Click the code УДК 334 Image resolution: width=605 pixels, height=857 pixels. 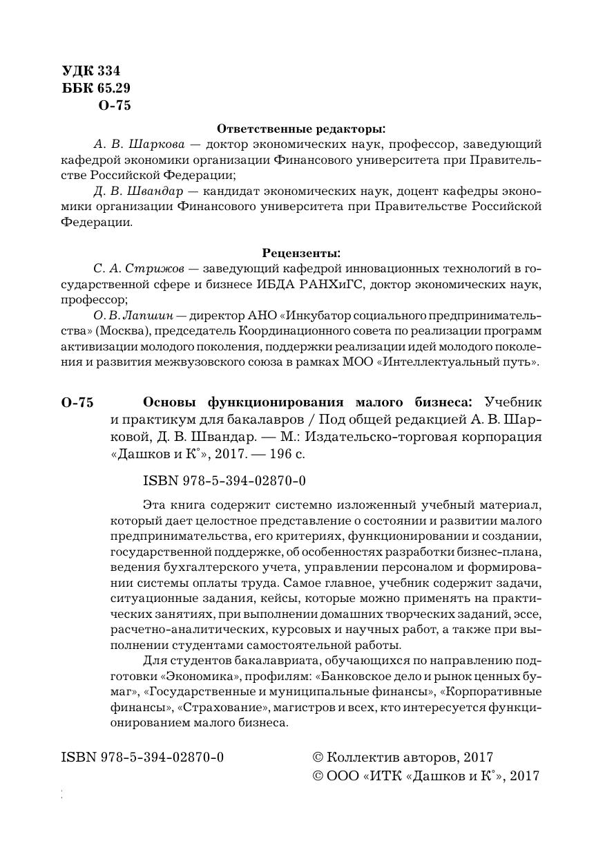click(x=91, y=71)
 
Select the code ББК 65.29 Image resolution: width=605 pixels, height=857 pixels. click(x=96, y=88)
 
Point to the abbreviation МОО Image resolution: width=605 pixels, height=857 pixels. click(x=358, y=361)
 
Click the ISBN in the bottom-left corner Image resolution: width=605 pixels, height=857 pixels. click(x=142, y=757)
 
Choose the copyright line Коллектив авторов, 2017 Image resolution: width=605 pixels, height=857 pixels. click(x=403, y=757)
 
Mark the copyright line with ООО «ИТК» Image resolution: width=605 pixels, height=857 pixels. click(x=426, y=776)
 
